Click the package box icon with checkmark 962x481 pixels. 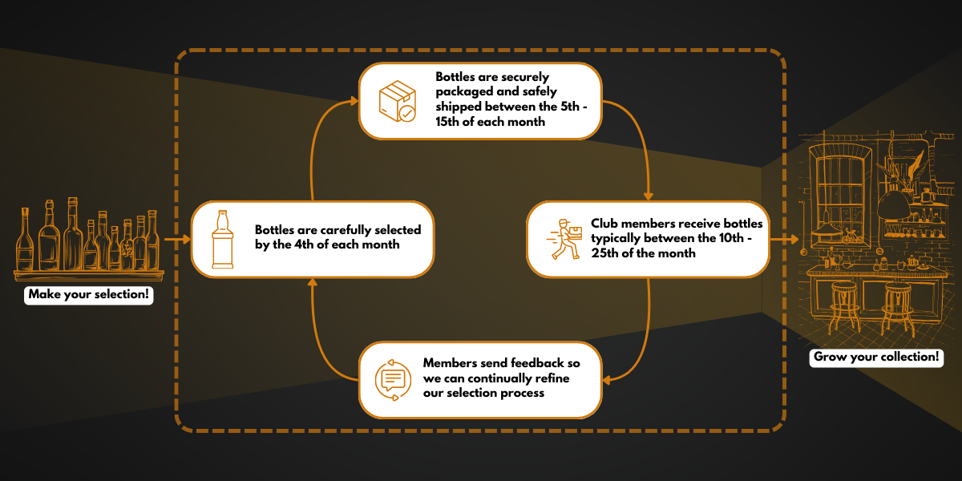pos(397,101)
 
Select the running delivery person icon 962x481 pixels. pos(564,239)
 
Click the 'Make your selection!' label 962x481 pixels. pos(88,294)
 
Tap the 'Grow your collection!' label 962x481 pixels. pos(875,358)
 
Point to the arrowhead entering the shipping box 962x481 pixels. pos(354,101)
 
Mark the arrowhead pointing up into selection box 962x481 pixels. pos(312,282)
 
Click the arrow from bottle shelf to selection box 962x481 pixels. pos(176,239)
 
